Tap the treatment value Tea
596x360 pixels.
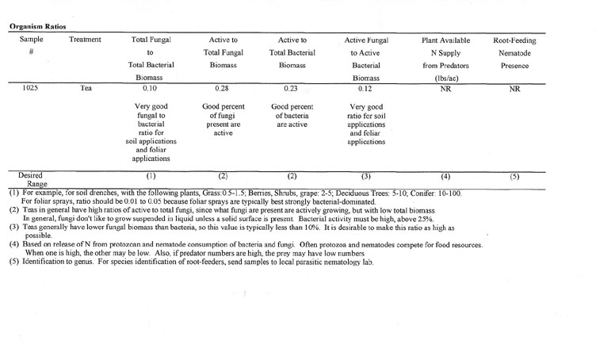[86, 90]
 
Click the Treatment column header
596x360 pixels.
[86, 38]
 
